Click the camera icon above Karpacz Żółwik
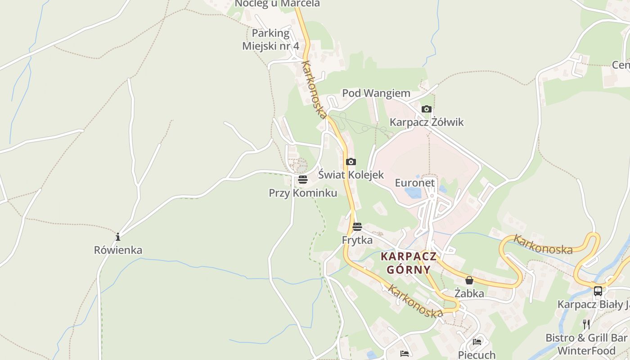click(x=426, y=109)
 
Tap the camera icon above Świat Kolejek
click(x=351, y=162)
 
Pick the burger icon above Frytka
click(x=357, y=227)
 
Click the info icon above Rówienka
click(x=118, y=237)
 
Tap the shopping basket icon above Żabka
click(x=469, y=280)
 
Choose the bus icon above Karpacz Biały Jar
click(x=598, y=291)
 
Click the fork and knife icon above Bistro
click(x=586, y=324)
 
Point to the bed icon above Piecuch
click(x=477, y=342)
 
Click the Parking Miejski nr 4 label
click(x=270, y=40)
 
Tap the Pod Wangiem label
click(x=376, y=93)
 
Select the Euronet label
click(x=415, y=183)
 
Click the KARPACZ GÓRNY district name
click(x=409, y=263)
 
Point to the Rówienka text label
click(x=118, y=250)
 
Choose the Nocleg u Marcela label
click(x=277, y=4)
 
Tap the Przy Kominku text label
click(x=303, y=193)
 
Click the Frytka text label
click(x=357, y=240)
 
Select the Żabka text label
click(x=469, y=293)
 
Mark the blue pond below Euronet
click(x=413, y=193)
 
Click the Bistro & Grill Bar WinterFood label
click(x=586, y=344)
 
